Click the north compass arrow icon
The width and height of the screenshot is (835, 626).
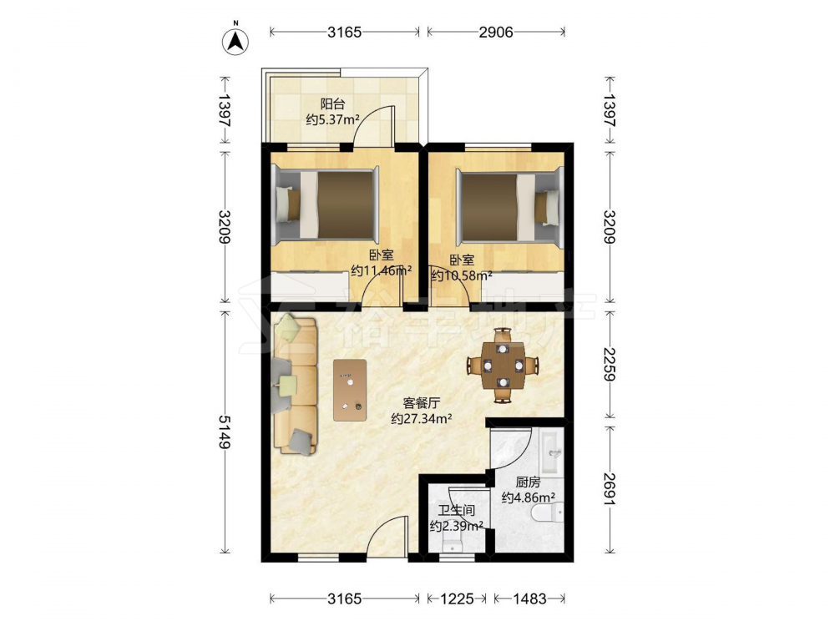point(235,40)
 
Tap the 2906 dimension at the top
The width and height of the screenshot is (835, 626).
point(496,33)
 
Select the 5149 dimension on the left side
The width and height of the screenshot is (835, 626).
point(225,432)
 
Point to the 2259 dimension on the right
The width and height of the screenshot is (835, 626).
point(610,365)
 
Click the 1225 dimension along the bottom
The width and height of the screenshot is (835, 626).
point(457,598)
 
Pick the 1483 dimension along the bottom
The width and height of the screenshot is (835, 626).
point(529,598)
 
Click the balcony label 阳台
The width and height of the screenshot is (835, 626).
point(332,103)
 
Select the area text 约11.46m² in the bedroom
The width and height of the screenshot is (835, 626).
point(382,270)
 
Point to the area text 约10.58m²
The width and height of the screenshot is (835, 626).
point(462,275)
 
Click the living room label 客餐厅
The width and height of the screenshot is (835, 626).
point(421,403)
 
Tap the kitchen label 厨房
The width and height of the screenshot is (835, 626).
point(528,482)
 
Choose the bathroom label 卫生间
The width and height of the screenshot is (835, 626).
point(457,511)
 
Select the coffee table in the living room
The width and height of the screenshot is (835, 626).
point(350,390)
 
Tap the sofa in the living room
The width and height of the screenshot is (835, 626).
point(295,384)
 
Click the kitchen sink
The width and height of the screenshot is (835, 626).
point(550,452)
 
